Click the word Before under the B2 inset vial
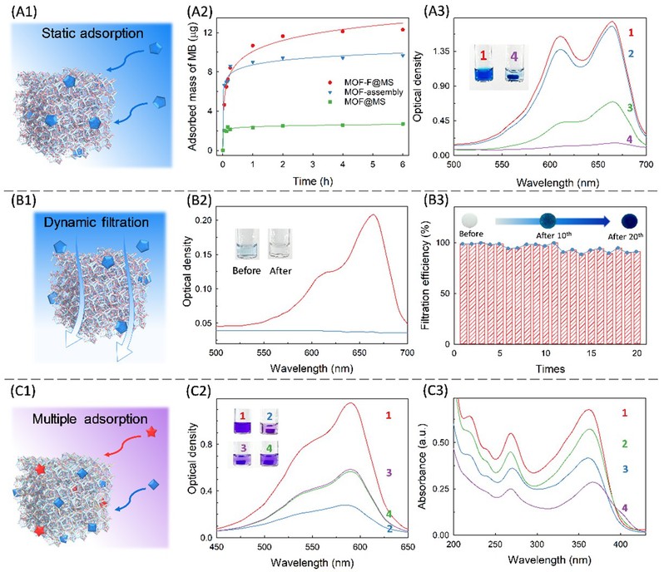[247, 271]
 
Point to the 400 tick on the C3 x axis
[619, 545]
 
